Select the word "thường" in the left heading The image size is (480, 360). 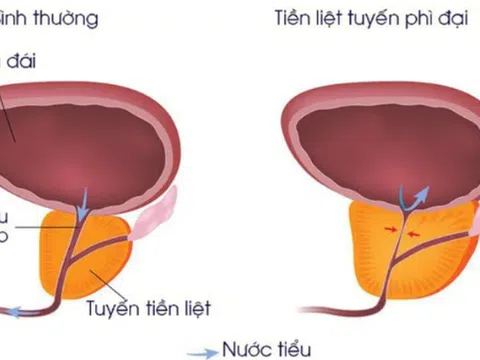coord(34,17)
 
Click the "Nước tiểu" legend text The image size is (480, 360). coord(268,349)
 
